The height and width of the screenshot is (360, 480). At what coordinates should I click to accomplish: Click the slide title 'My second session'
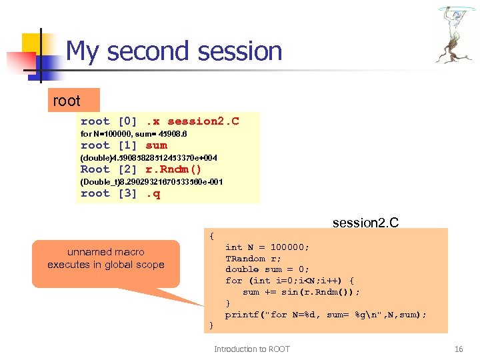click(174, 51)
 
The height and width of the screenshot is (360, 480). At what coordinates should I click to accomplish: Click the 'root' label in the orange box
click(66, 101)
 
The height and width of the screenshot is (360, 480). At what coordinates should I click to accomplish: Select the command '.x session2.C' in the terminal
click(203, 121)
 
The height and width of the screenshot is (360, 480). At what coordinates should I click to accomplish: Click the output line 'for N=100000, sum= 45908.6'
click(126, 133)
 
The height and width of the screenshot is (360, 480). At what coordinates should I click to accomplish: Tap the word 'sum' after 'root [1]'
click(157, 145)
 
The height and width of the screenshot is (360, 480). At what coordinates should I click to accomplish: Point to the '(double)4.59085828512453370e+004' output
click(149, 157)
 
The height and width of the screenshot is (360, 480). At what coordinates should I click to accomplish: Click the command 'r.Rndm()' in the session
click(173, 169)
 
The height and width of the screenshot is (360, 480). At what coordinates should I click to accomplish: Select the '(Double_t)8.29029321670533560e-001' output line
click(151, 181)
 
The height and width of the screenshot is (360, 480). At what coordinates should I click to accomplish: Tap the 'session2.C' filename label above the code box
click(365, 223)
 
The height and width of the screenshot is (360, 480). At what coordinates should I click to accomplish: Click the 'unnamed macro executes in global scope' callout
click(105, 259)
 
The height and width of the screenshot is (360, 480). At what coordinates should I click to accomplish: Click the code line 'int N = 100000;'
click(267, 247)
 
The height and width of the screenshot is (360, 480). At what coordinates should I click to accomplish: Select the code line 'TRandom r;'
click(254, 258)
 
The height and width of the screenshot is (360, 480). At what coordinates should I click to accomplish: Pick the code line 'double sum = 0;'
click(267, 269)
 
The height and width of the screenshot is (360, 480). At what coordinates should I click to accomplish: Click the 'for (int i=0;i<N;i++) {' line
click(290, 281)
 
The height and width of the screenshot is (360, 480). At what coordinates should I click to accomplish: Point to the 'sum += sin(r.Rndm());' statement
click(301, 292)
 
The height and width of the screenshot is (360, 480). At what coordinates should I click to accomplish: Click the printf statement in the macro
click(326, 315)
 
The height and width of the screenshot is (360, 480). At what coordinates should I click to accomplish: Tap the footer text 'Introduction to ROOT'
click(252, 349)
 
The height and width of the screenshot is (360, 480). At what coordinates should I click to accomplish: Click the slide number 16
click(458, 349)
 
